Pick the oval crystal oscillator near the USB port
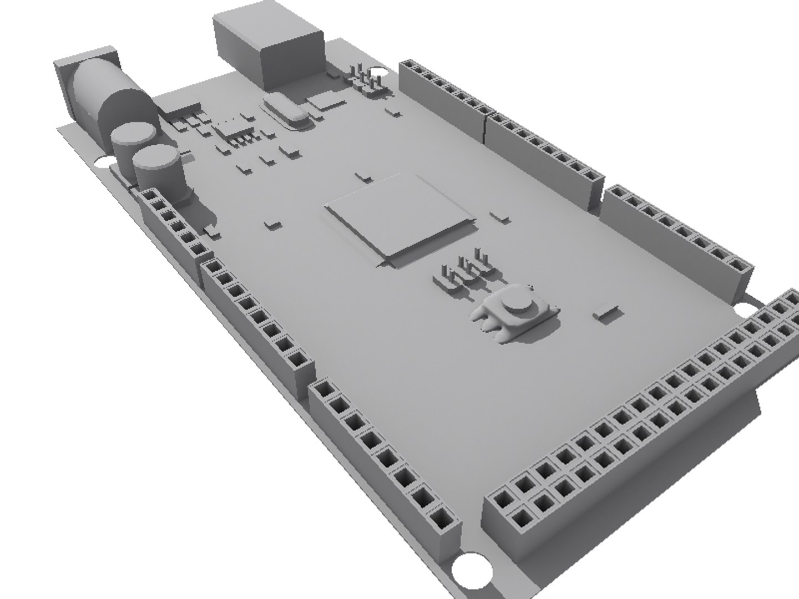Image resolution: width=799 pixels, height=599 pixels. pyautogui.click(x=285, y=110)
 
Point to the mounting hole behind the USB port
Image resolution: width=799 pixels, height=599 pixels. pyautogui.click(x=379, y=72)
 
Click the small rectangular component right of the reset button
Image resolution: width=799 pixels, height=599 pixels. pyautogui.click(x=606, y=313)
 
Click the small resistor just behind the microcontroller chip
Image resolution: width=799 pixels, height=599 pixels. pyautogui.click(x=364, y=176)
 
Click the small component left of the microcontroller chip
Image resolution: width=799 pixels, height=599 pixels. pyautogui.click(x=272, y=224)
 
